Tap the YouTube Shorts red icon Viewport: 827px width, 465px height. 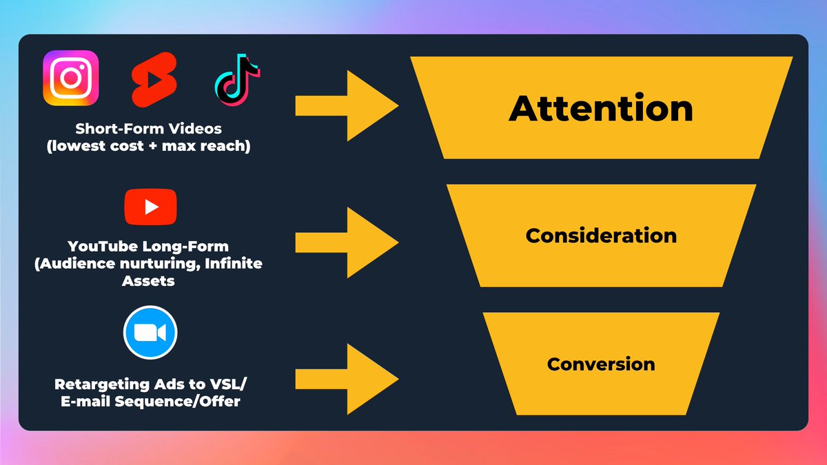pyautogui.click(x=154, y=79)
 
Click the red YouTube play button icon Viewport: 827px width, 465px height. pyautogui.click(x=150, y=207)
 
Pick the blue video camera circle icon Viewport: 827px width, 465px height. pyautogui.click(x=150, y=333)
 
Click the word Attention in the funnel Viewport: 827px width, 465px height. pyautogui.click(x=601, y=109)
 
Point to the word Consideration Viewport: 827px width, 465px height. pyautogui.click(x=601, y=236)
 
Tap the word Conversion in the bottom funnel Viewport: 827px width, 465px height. pyautogui.click(x=601, y=364)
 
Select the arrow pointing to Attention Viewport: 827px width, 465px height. pyautogui.click(x=347, y=106)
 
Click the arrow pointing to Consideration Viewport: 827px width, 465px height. pyautogui.click(x=347, y=242)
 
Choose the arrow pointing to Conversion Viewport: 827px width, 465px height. pyautogui.click(x=347, y=380)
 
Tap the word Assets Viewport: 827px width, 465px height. pyautogui.click(x=150, y=280)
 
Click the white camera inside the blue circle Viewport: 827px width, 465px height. pyautogui.click(x=150, y=333)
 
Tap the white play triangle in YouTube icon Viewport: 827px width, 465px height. pyautogui.click(x=152, y=207)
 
